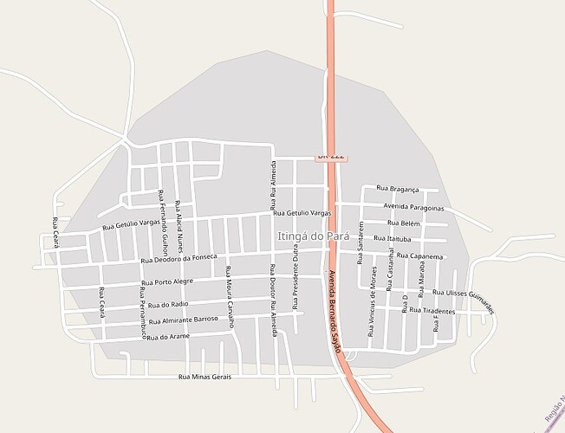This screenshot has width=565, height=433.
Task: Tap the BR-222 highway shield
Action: pyautogui.click(x=331, y=156)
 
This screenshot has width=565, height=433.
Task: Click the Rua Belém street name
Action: pyautogui.click(x=404, y=223)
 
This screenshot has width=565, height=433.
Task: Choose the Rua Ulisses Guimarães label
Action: pyautogui.click(x=464, y=299)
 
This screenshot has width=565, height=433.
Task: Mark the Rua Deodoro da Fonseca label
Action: pyautogui.click(x=179, y=258)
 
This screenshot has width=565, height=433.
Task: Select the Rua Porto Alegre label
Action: pyautogui.click(x=174, y=281)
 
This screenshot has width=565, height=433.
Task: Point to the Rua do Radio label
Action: pyautogui.click(x=168, y=305)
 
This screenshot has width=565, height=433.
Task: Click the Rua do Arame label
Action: pyautogui.click(x=167, y=336)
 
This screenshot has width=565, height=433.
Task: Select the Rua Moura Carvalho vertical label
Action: pyautogui.click(x=230, y=296)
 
